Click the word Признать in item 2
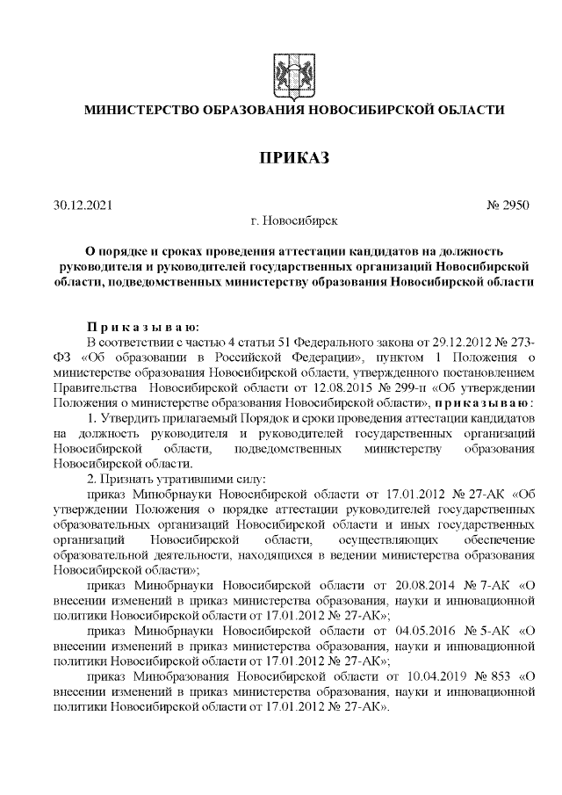pyautogui.click(x=129, y=479)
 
